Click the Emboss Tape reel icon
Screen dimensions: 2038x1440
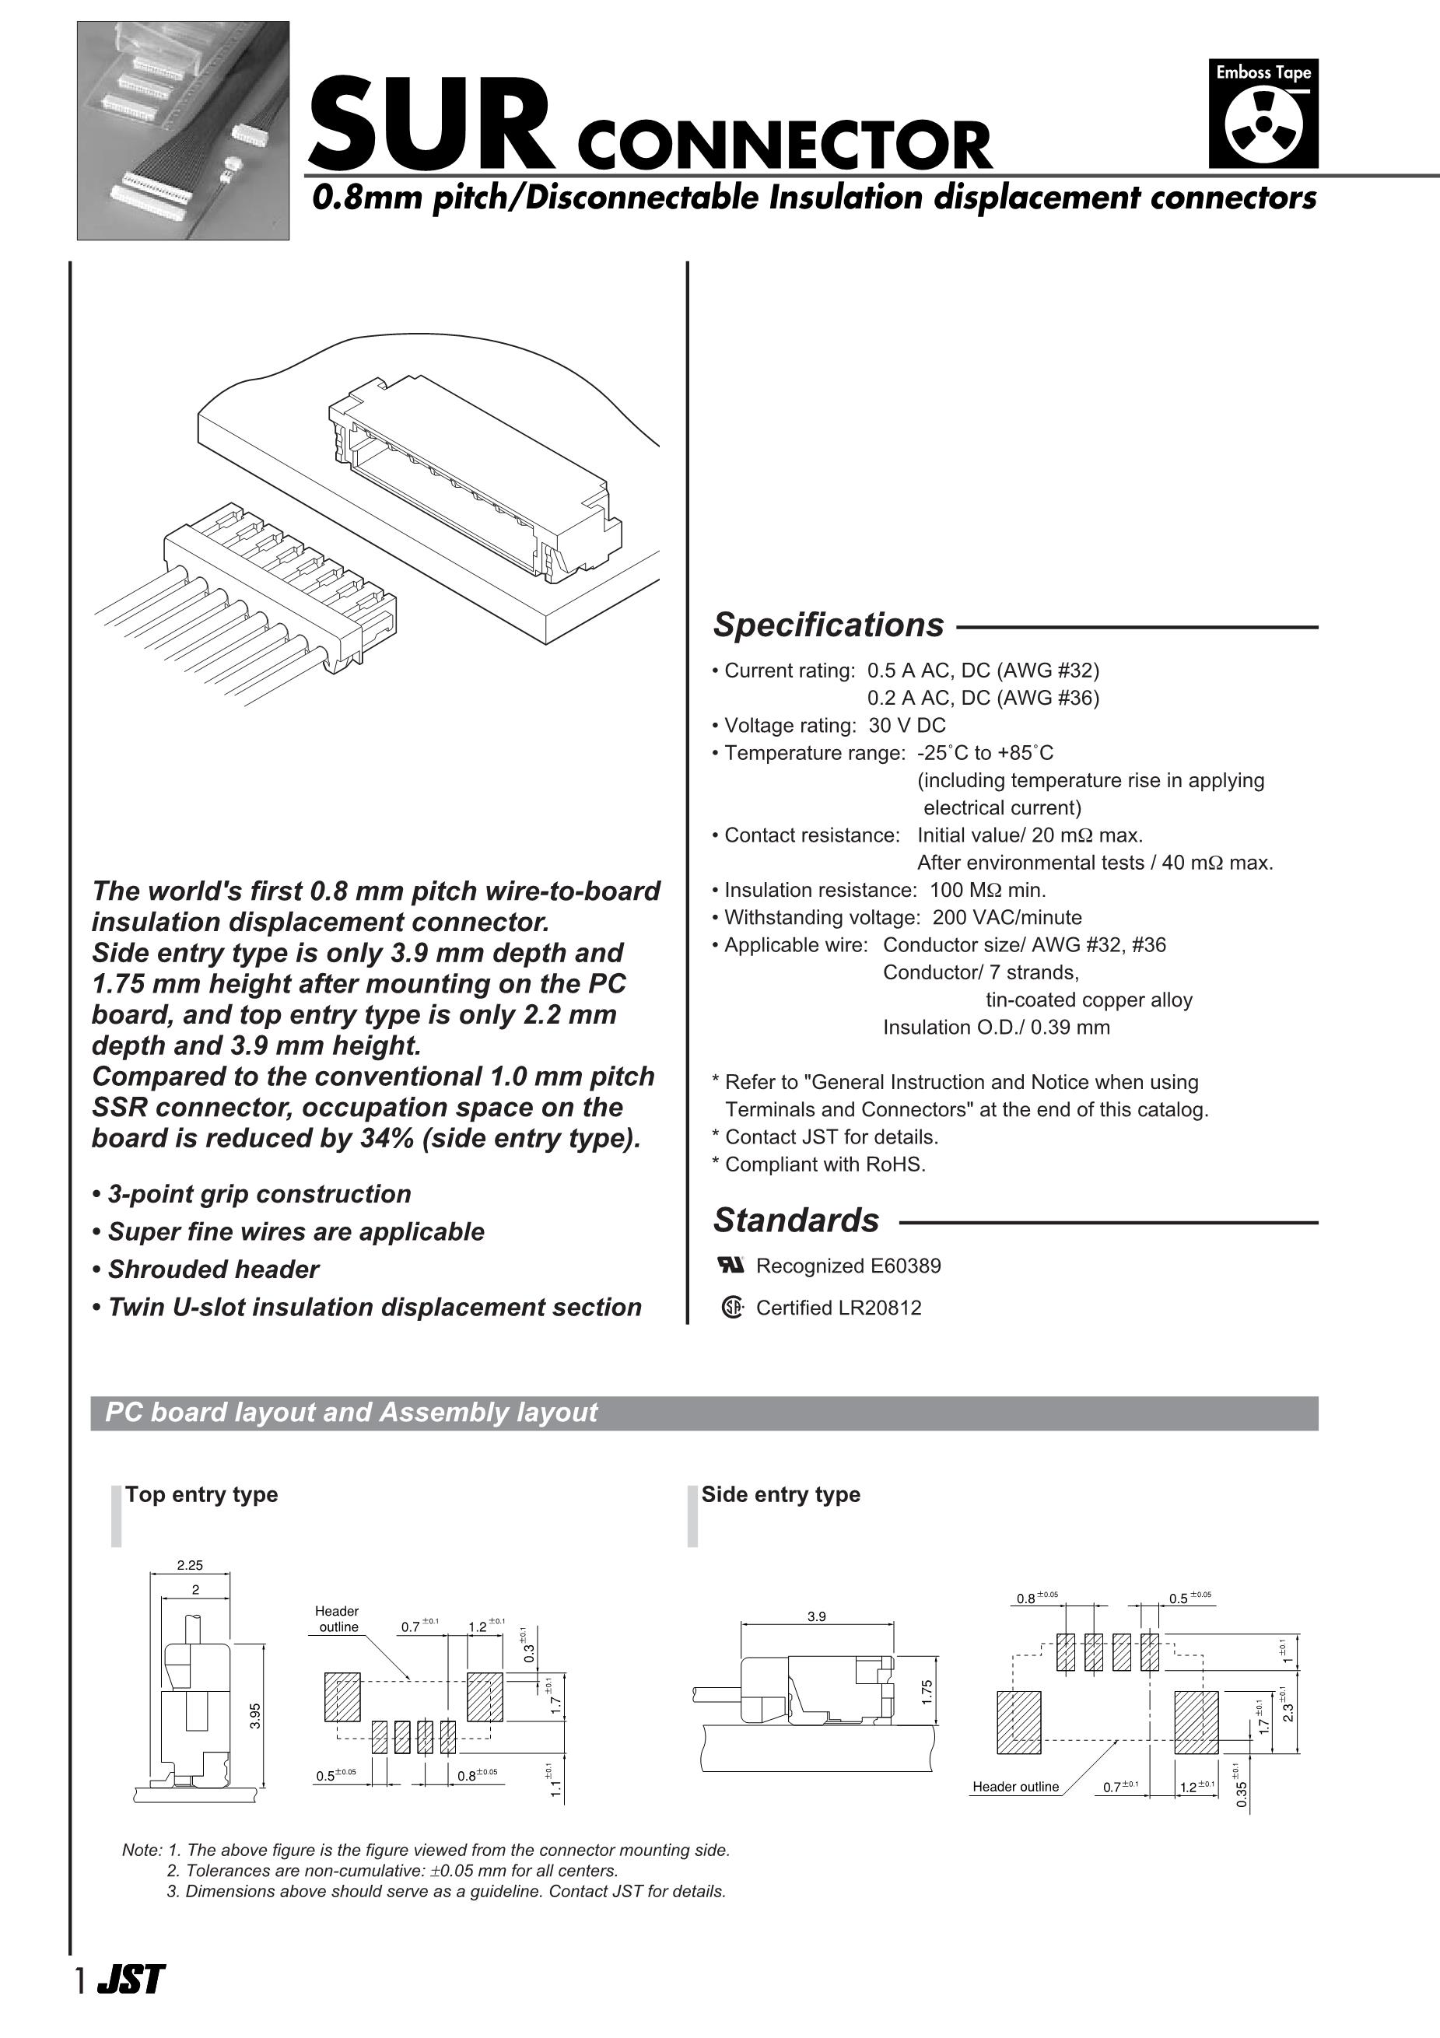1263,125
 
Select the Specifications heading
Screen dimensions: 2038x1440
829,625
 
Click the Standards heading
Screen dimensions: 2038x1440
796,1220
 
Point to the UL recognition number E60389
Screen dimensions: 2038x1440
906,1266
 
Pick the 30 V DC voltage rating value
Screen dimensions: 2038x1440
906,725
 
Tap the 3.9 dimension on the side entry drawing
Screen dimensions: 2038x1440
816,1616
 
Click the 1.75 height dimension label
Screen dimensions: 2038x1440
927,1692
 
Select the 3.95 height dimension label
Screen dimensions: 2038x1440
255,1715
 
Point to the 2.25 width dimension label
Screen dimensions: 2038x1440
190,1565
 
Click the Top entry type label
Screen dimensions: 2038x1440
201,1493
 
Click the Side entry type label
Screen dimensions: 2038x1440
780,1493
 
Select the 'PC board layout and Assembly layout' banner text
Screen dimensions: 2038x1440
352,1413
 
